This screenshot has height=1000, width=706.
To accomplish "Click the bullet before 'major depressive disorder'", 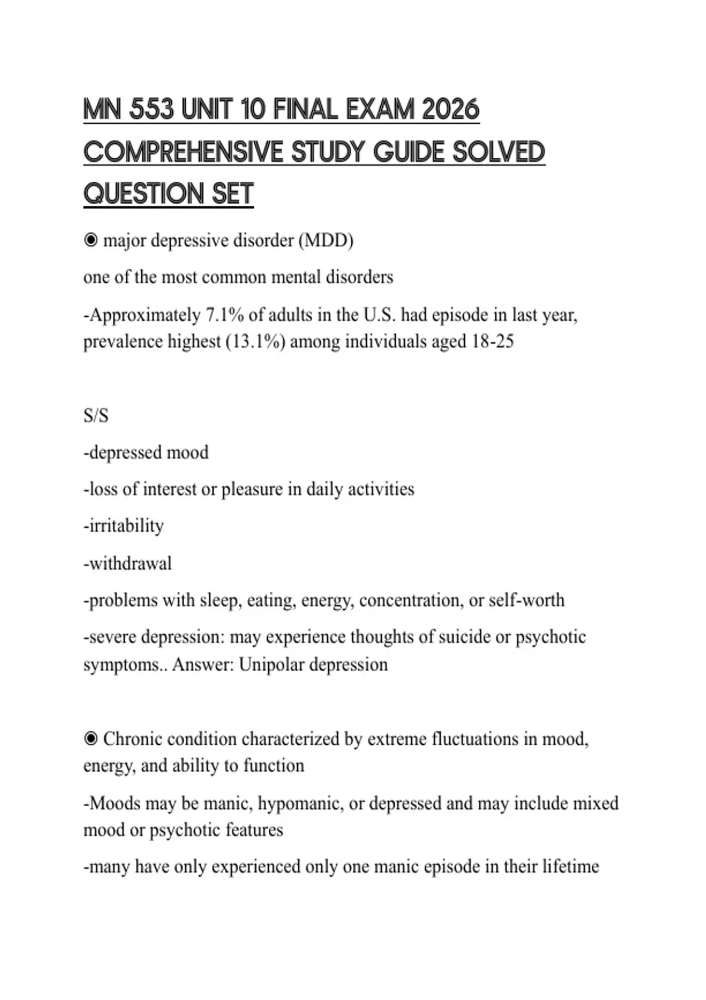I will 91,240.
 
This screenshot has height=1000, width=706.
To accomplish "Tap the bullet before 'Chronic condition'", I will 91,738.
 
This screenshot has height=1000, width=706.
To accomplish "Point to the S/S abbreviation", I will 96,416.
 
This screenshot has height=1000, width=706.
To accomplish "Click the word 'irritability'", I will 126,525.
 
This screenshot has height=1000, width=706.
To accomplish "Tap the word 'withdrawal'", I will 130,564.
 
